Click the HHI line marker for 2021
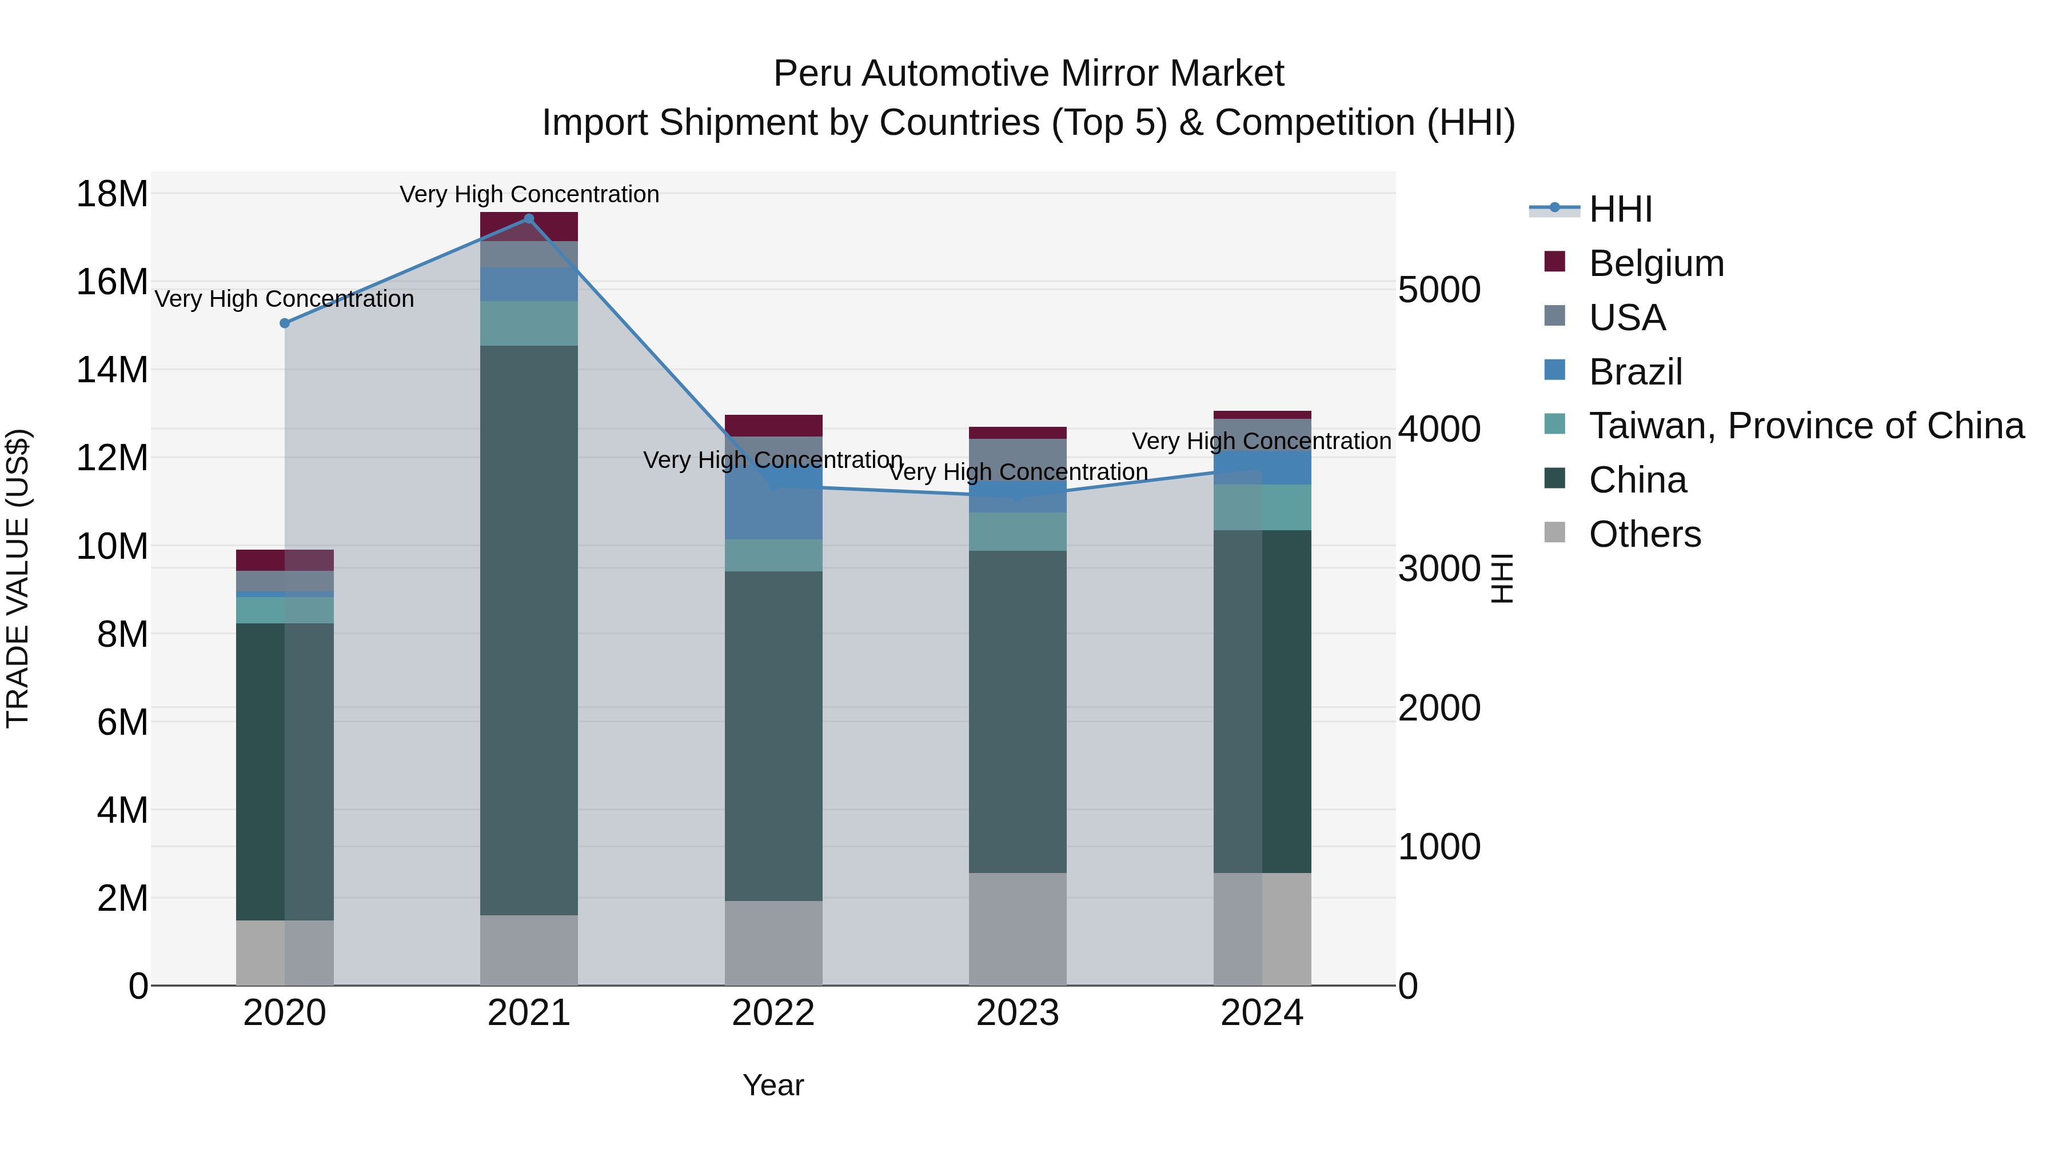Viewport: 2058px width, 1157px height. (x=528, y=219)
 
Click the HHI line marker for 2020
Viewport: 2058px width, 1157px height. (x=285, y=323)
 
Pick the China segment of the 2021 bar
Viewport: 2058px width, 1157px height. (x=528, y=631)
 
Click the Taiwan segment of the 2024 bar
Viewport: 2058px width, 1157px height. (x=1262, y=507)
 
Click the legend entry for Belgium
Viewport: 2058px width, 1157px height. (x=1656, y=263)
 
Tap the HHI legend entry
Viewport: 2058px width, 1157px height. (x=1620, y=209)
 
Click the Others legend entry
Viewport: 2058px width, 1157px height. (x=1644, y=534)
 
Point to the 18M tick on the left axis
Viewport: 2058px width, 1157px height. (x=112, y=194)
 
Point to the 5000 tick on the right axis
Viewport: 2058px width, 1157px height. (x=1439, y=290)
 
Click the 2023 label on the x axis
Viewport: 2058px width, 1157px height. (x=1017, y=1013)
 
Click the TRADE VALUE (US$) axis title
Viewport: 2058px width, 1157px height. (x=18, y=578)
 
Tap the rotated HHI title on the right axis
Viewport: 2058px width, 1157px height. (x=1502, y=578)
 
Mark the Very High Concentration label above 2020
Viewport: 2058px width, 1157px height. (x=285, y=299)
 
